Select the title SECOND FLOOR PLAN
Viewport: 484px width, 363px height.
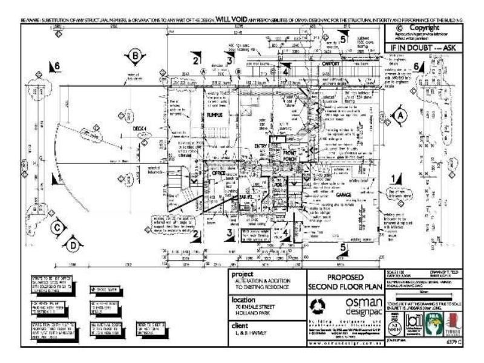(x=342, y=286)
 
